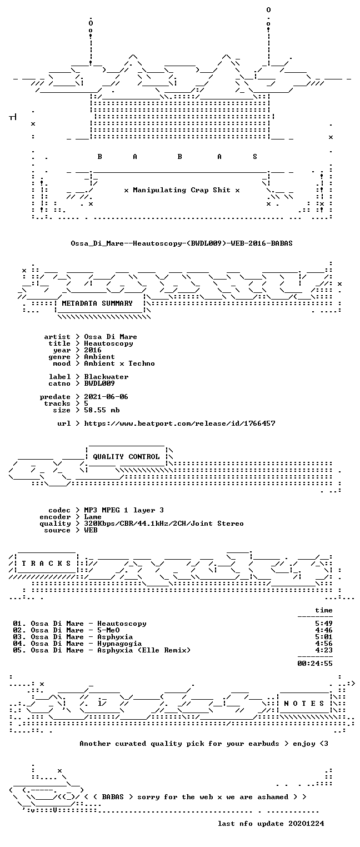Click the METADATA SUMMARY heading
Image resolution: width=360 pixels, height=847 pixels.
tap(97, 303)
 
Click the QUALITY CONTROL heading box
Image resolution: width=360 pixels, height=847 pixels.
tap(126, 456)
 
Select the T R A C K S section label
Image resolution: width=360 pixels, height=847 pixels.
tap(47, 564)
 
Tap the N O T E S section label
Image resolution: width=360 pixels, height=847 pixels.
tap(304, 703)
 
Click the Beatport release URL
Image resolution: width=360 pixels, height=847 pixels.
tap(179, 423)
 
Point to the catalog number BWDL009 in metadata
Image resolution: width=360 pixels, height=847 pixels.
tap(99, 383)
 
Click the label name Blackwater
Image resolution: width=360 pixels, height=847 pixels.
tap(106, 377)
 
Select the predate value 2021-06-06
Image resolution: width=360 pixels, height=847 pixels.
tap(106, 397)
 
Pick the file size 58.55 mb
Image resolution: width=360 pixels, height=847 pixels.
tap(102, 410)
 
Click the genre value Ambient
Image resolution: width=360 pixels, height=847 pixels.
tap(99, 357)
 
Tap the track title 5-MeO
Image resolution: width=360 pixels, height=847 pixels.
tap(108, 630)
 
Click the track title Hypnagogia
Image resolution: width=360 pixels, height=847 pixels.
tap(119, 643)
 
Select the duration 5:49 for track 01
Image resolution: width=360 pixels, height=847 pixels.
tap(324, 623)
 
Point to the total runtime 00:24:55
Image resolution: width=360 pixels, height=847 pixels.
tap(315, 663)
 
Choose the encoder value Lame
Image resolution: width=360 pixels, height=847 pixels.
tap(93, 517)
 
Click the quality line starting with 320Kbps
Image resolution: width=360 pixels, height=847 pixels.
tap(164, 524)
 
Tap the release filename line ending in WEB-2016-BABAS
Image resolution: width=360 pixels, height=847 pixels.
tap(182, 243)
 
